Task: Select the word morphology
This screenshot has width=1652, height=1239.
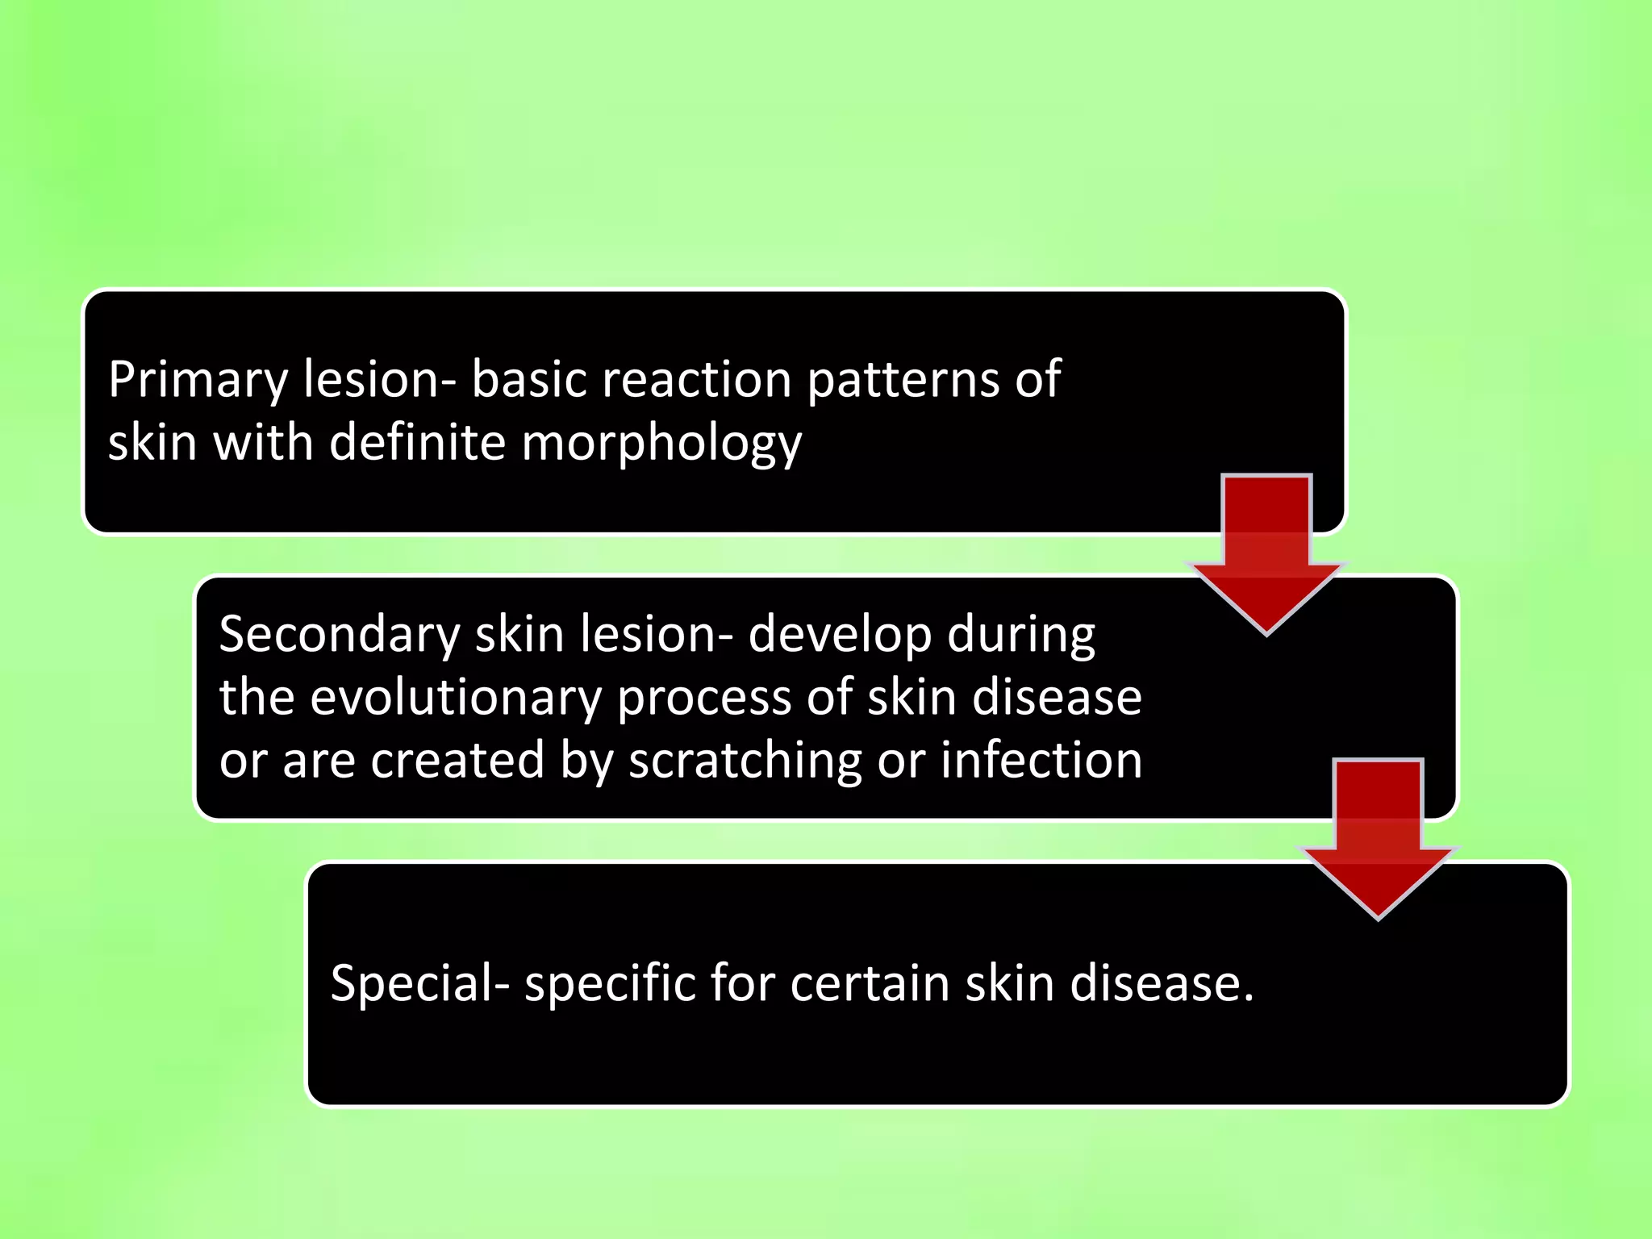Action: coord(661,444)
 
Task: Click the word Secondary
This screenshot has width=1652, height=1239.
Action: coord(339,634)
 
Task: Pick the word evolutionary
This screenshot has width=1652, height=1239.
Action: coord(456,698)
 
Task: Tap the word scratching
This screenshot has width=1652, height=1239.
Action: coord(745,761)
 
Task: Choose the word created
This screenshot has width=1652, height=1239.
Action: coord(457,761)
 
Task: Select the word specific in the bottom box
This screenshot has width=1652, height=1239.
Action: coord(610,985)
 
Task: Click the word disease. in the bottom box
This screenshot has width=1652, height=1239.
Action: coord(1162,983)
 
